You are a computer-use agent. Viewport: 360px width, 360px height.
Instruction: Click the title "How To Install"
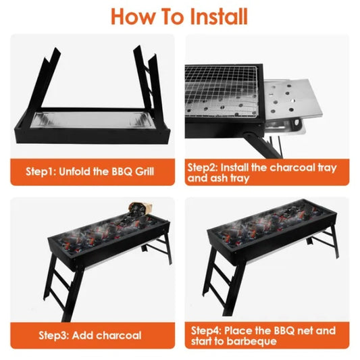(180, 16)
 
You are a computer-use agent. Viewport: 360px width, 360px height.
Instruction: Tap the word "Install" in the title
(215, 16)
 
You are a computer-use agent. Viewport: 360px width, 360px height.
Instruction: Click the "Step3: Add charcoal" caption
(90, 335)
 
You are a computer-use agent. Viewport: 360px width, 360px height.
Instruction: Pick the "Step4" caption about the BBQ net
(263, 336)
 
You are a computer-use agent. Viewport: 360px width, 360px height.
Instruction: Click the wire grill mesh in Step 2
(224, 91)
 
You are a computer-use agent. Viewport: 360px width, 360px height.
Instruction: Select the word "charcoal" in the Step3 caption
(117, 335)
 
